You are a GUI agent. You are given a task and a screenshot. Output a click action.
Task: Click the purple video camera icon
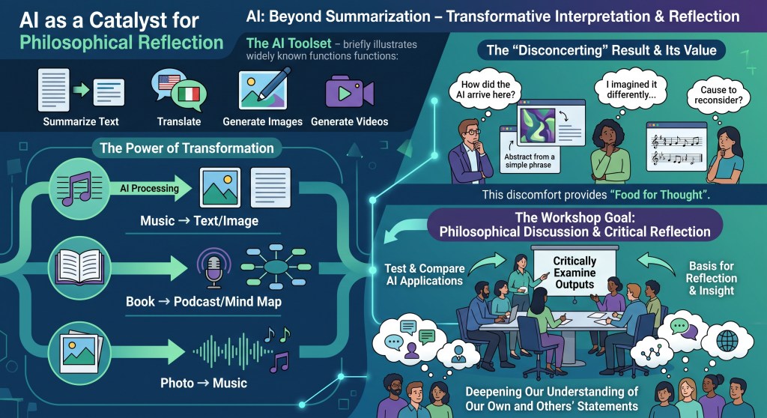point(349,92)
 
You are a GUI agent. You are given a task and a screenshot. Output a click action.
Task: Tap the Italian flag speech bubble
point(189,94)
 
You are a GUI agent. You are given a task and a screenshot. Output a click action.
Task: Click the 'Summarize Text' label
point(81,121)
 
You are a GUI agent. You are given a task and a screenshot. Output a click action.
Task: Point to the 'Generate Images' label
point(263,121)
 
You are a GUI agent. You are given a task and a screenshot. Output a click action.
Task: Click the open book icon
point(79,267)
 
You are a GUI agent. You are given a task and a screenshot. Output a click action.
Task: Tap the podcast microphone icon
point(213,268)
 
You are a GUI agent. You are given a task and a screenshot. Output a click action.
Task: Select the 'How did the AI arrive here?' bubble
point(485,90)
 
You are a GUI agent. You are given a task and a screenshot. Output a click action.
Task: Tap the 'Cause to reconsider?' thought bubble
point(718,95)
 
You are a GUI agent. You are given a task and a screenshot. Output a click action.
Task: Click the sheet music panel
point(676,147)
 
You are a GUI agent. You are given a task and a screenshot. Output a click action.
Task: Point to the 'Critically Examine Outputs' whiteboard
point(575,273)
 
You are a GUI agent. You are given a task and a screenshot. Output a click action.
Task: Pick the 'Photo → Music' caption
point(204,383)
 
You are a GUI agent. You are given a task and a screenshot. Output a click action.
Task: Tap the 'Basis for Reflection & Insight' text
point(712,278)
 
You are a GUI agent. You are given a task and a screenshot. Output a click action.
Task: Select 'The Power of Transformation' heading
point(187,148)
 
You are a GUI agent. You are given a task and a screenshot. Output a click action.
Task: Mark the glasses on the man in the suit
point(471,131)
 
